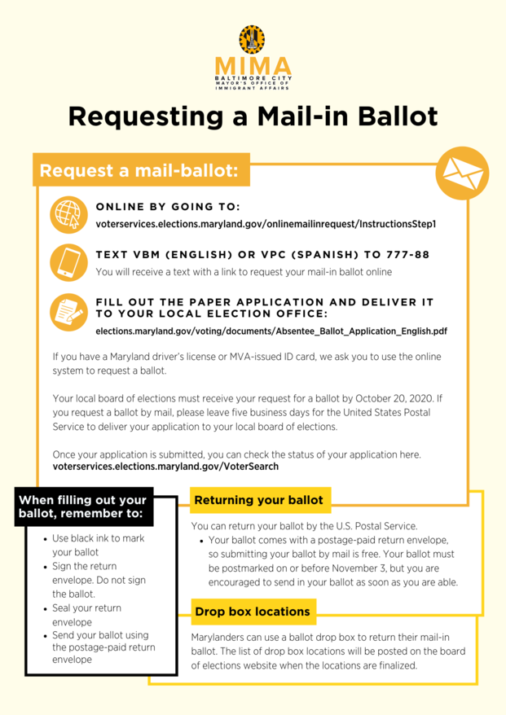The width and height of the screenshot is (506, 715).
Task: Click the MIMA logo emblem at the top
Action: coord(252,39)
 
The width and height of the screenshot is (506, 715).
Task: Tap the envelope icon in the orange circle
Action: coord(461,173)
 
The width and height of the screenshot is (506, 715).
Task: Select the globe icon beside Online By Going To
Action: coord(67,213)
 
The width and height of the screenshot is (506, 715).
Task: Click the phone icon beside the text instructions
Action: coord(67,262)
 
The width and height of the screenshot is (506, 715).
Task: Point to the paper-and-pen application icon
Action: coord(67,312)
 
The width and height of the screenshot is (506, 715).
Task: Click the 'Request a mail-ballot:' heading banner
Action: coord(140,172)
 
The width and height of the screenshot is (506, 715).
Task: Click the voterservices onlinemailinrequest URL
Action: coord(266,223)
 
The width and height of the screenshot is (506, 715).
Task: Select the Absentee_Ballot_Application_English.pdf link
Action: coord(271,331)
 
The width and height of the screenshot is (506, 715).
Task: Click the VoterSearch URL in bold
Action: coord(165,467)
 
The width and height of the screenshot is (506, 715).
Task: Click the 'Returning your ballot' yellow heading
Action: coord(258,500)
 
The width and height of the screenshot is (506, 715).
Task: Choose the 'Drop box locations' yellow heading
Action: coord(253,611)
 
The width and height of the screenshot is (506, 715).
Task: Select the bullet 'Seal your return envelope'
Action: coord(86,615)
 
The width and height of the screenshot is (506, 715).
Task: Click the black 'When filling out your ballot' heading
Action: coord(82,507)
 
